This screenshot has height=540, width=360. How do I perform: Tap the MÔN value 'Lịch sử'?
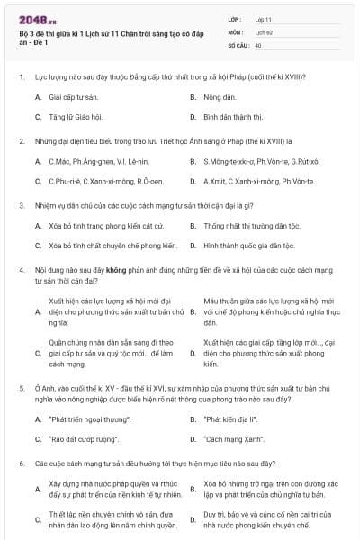[263, 31]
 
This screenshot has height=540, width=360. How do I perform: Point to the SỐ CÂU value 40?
[258, 45]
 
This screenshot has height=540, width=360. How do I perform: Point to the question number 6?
[21, 463]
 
